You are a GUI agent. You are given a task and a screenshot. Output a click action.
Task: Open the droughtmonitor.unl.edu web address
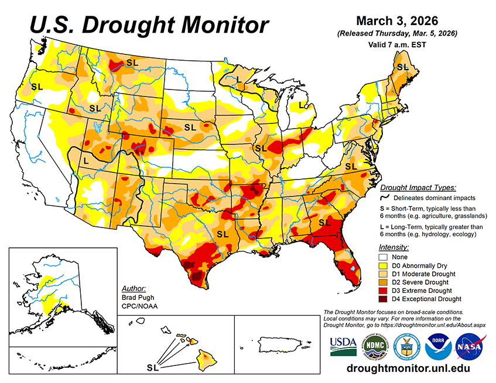[x=408, y=368]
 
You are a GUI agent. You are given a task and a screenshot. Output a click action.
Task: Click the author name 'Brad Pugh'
[x=136, y=298]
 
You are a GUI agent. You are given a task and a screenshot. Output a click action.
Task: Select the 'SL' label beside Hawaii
[x=153, y=368]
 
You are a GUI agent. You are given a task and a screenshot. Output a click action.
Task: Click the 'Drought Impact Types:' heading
[x=418, y=188]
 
